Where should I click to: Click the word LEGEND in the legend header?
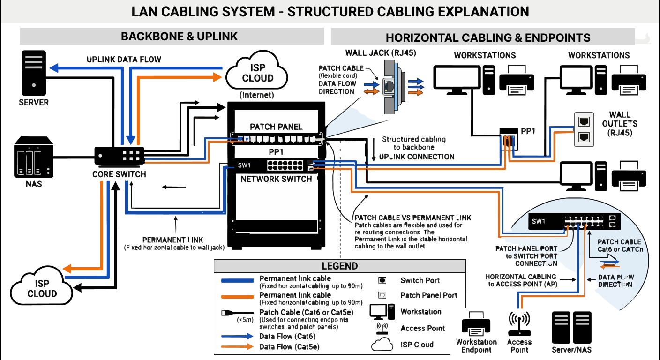click(x=339, y=266)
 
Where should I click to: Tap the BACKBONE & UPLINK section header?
click(x=179, y=37)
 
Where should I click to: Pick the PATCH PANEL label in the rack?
click(x=276, y=127)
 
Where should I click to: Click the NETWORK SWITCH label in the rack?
click(x=276, y=179)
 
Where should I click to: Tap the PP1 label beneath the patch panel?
click(x=276, y=152)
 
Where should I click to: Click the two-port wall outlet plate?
click(x=584, y=129)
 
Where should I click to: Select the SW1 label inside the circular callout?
click(x=538, y=221)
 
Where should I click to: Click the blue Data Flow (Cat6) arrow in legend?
click(x=237, y=337)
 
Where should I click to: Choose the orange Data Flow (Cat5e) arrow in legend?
click(x=237, y=347)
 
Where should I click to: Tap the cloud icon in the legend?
click(x=382, y=345)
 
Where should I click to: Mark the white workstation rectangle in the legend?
click(x=378, y=311)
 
